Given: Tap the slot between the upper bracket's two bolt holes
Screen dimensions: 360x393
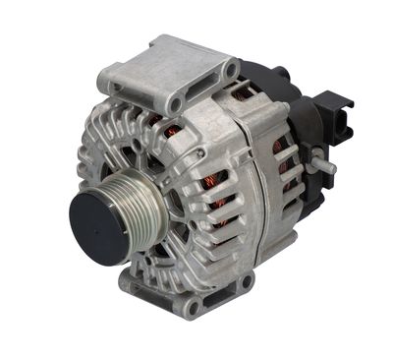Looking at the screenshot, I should pyautogui.click(x=203, y=87).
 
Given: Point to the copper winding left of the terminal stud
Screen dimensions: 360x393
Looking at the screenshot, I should pyautogui.click(x=284, y=162).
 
